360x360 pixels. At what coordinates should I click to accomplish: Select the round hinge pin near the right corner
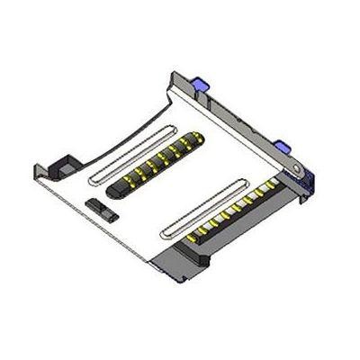(x=296, y=169)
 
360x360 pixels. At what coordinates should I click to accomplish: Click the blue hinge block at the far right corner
(x=307, y=180)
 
